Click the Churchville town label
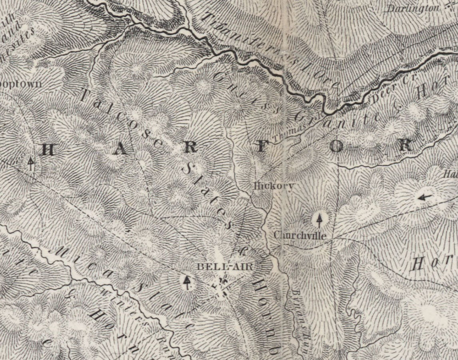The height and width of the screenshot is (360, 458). (300, 236)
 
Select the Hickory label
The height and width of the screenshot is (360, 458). (275, 186)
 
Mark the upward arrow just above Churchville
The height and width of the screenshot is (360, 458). (319, 220)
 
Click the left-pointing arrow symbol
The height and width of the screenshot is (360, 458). (424, 197)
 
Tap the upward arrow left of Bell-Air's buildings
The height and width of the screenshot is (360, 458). (186, 282)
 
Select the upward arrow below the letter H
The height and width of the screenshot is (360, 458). (31, 164)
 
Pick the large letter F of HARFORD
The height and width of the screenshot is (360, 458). (261, 147)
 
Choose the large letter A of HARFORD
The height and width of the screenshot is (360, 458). (121, 149)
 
